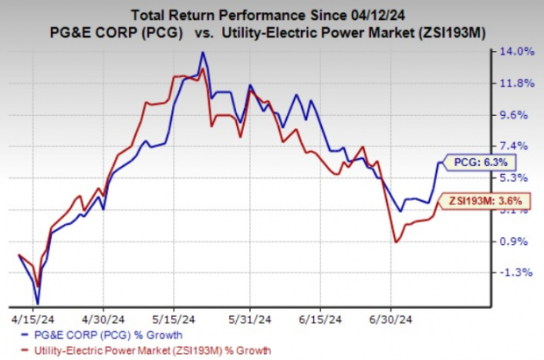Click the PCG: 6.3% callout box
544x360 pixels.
481,162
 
